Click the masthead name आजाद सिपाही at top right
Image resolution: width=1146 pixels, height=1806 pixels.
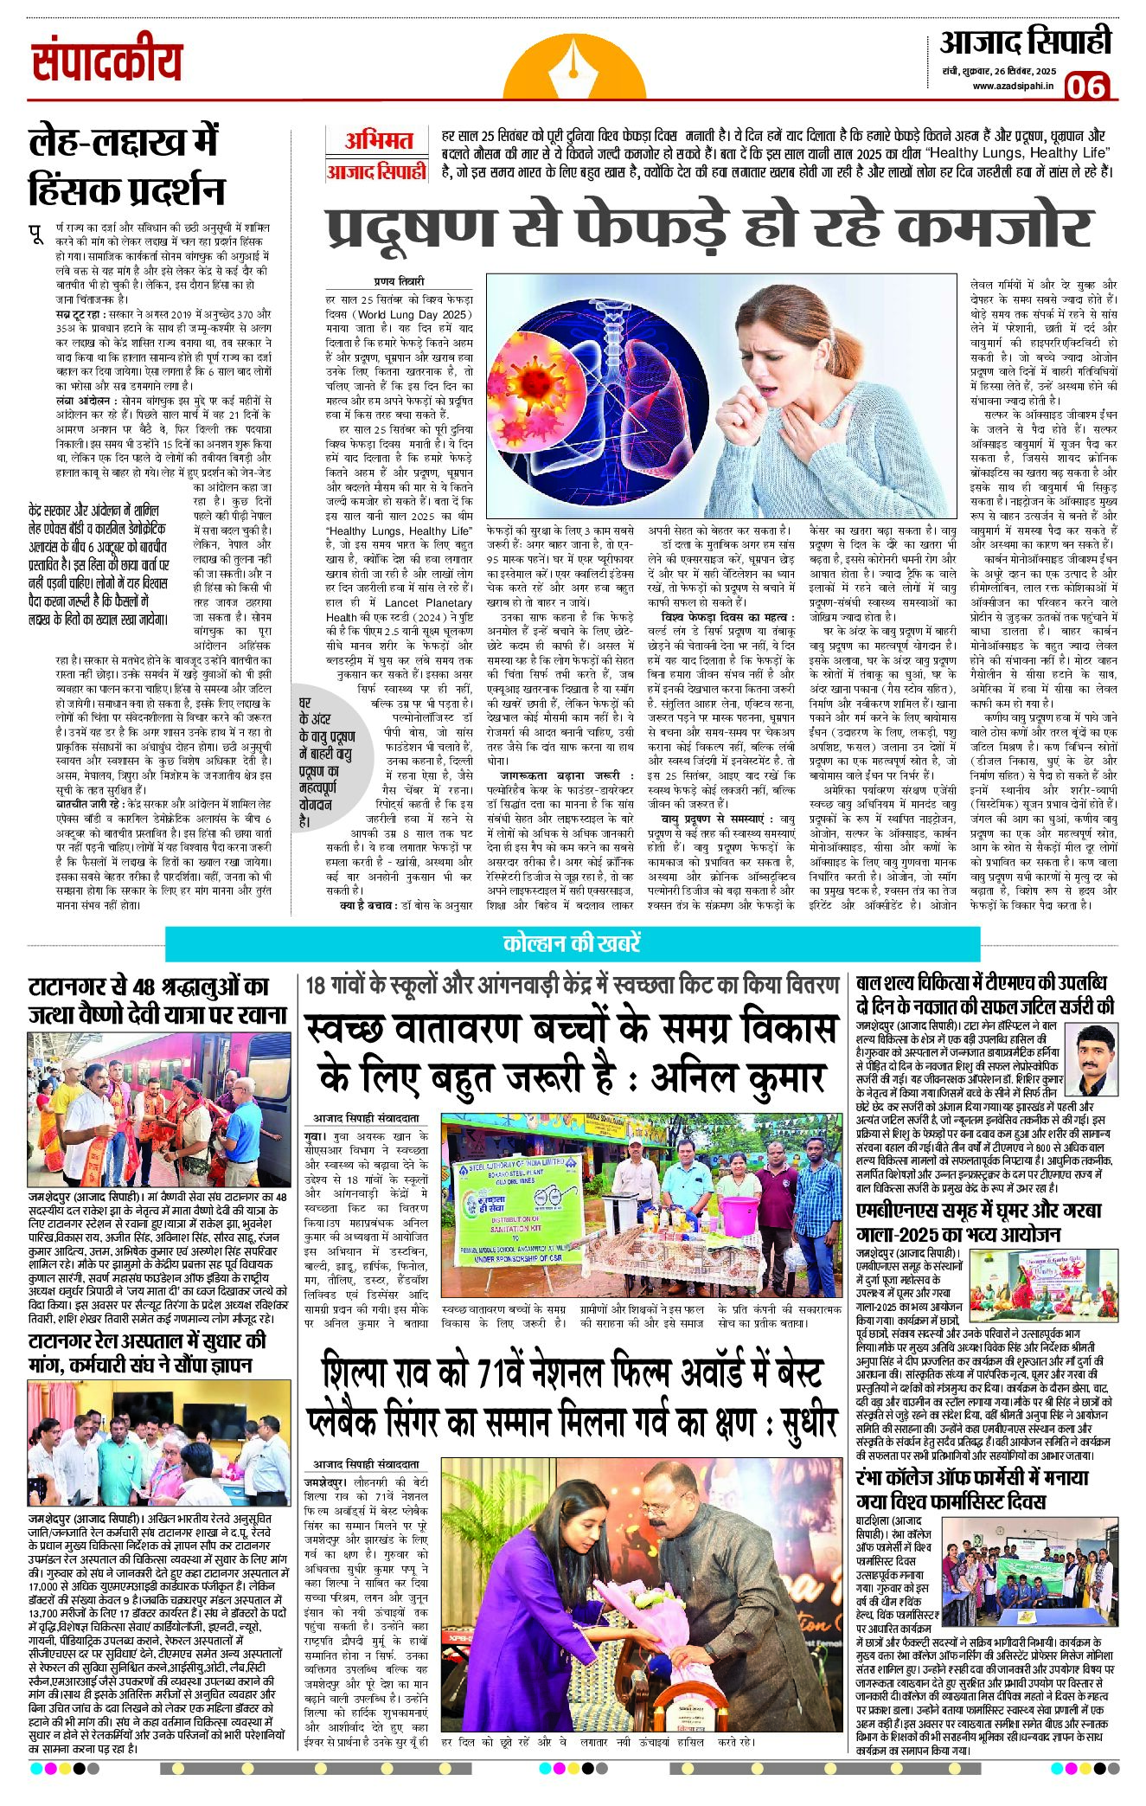point(1025,42)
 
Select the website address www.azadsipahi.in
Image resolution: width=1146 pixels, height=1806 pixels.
point(1013,86)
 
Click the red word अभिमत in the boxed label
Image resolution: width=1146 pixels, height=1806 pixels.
point(378,141)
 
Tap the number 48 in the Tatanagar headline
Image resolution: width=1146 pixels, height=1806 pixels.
point(144,987)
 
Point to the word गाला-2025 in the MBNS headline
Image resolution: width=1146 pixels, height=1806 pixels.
point(908,1235)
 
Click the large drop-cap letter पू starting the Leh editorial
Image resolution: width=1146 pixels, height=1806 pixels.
point(36,235)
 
